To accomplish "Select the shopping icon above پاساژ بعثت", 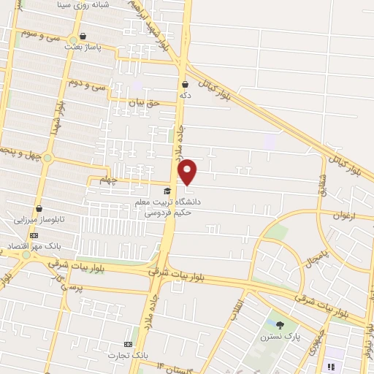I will (83, 36).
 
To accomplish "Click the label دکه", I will (186, 94).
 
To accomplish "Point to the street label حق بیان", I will (143, 104).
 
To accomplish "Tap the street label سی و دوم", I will (88, 85).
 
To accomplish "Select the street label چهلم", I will (108, 180).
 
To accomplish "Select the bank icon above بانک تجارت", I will (129, 343).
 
